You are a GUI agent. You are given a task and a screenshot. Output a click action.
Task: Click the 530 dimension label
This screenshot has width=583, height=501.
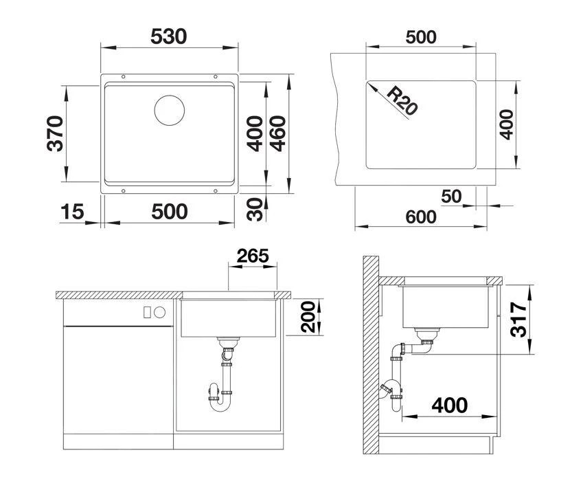(168, 36)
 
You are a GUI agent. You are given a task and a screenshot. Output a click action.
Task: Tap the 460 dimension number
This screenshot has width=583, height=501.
(277, 133)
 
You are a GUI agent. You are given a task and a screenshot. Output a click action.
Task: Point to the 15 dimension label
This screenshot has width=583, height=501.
(72, 212)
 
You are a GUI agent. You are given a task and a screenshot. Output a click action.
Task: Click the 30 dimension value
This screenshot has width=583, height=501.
(255, 210)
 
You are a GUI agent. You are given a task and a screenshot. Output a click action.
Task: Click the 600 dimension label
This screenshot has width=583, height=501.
(420, 216)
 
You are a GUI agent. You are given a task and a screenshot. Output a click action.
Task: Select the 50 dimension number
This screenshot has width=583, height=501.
(451, 196)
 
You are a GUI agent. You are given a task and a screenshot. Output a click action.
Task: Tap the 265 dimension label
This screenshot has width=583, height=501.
(253, 256)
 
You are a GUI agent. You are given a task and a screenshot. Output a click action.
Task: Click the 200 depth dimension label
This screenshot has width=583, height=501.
(308, 317)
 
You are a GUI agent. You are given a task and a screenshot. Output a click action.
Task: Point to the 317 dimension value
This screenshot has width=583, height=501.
(518, 320)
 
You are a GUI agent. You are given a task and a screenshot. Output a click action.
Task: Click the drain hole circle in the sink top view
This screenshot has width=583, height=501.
(169, 110)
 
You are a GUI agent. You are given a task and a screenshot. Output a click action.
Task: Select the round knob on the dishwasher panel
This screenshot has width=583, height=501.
(159, 312)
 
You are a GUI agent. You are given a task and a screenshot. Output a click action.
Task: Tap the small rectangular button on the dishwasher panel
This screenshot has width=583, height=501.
(147, 312)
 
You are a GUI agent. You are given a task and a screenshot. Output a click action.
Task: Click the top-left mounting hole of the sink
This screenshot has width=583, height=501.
(124, 77)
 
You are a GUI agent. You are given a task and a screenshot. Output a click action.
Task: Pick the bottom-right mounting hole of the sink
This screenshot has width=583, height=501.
(216, 191)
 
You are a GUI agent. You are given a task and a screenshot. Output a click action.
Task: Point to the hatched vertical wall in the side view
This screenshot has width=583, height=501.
(371, 355)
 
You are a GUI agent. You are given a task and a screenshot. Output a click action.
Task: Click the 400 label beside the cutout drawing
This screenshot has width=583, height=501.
(505, 124)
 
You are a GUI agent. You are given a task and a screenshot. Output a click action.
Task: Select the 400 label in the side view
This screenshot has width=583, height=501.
(450, 405)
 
